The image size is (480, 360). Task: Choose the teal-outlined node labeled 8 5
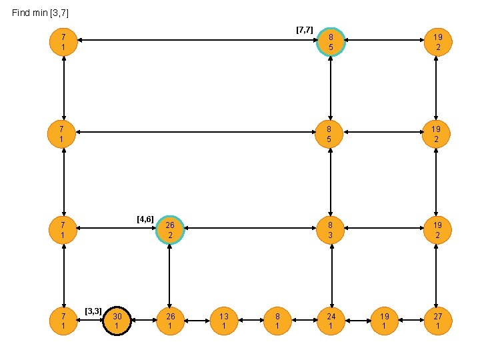click(331, 41)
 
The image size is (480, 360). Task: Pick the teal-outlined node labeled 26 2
click(170, 231)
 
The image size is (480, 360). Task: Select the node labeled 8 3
click(331, 231)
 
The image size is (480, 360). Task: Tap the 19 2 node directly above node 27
click(437, 231)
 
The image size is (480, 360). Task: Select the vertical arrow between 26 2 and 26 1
click(170, 276)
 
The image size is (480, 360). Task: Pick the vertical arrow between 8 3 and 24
click(331, 276)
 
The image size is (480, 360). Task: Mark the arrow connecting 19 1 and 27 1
click(410, 321)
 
